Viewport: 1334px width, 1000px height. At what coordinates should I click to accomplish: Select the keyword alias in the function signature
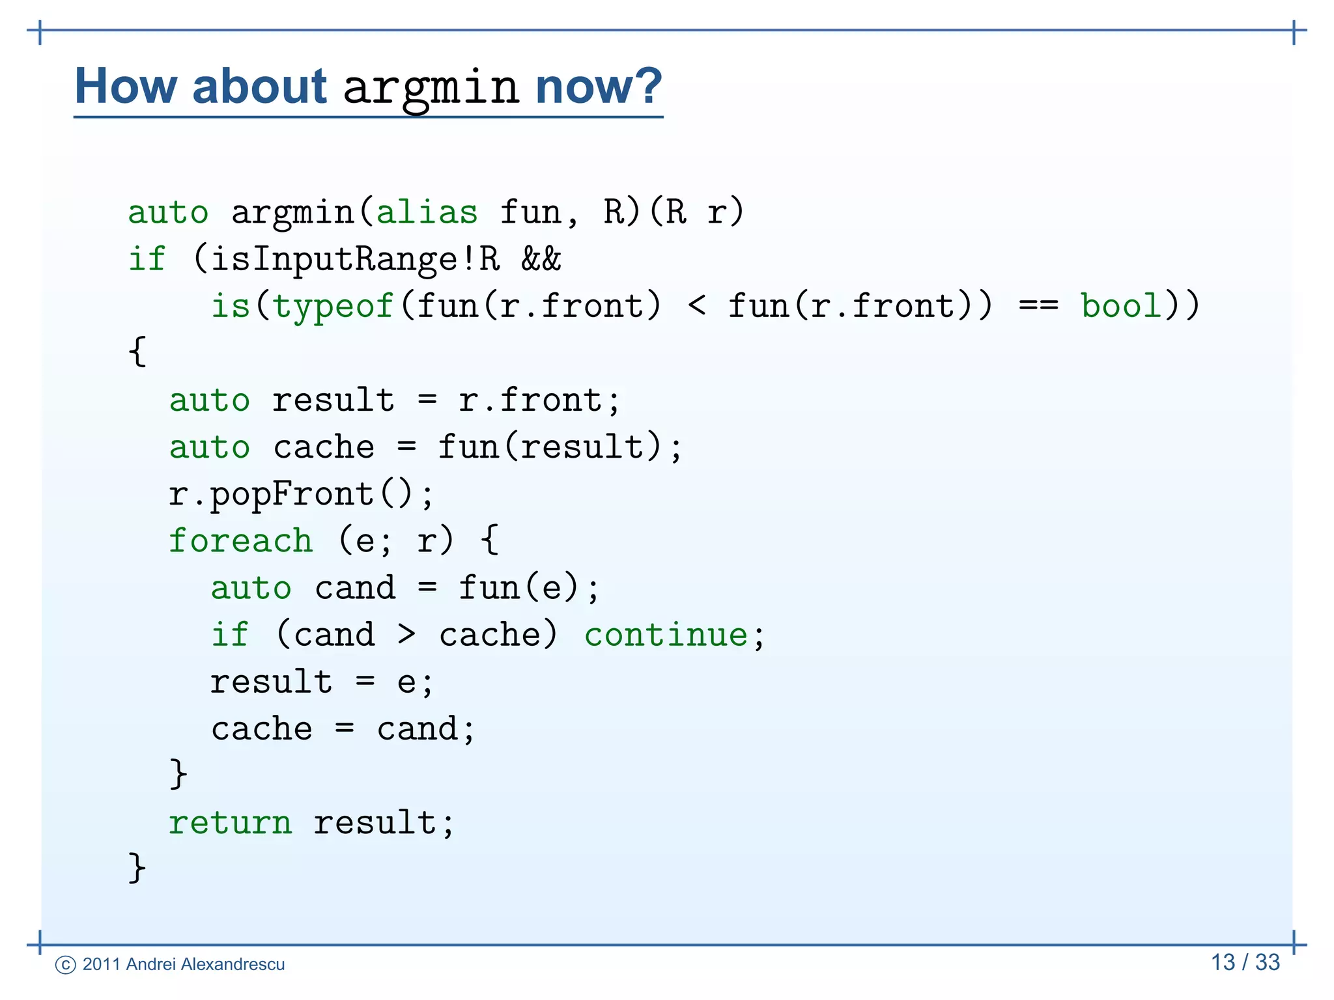(427, 212)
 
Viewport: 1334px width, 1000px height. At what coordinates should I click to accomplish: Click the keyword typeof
(333, 306)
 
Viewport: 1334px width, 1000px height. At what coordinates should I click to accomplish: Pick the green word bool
(1120, 305)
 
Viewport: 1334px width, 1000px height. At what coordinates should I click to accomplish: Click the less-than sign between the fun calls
(696, 305)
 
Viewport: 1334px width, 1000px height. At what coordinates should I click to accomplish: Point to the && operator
(541, 259)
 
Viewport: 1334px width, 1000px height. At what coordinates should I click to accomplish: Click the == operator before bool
(1038, 305)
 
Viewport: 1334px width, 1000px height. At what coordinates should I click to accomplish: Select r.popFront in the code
(271, 494)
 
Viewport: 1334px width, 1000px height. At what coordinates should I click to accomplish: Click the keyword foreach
(240, 541)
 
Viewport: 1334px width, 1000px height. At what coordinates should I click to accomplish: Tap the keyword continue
(666, 635)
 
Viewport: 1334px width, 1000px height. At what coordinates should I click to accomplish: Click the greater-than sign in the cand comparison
(406, 634)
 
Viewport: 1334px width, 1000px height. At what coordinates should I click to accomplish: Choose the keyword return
(230, 822)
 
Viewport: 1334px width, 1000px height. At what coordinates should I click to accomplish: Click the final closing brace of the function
(137, 868)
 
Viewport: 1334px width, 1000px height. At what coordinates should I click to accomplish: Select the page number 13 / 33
(1245, 962)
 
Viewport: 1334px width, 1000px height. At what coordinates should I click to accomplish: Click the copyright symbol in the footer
(66, 965)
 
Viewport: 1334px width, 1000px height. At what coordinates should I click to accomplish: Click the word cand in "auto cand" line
(355, 588)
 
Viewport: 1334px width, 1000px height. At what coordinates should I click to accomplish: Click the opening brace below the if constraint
(137, 352)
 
